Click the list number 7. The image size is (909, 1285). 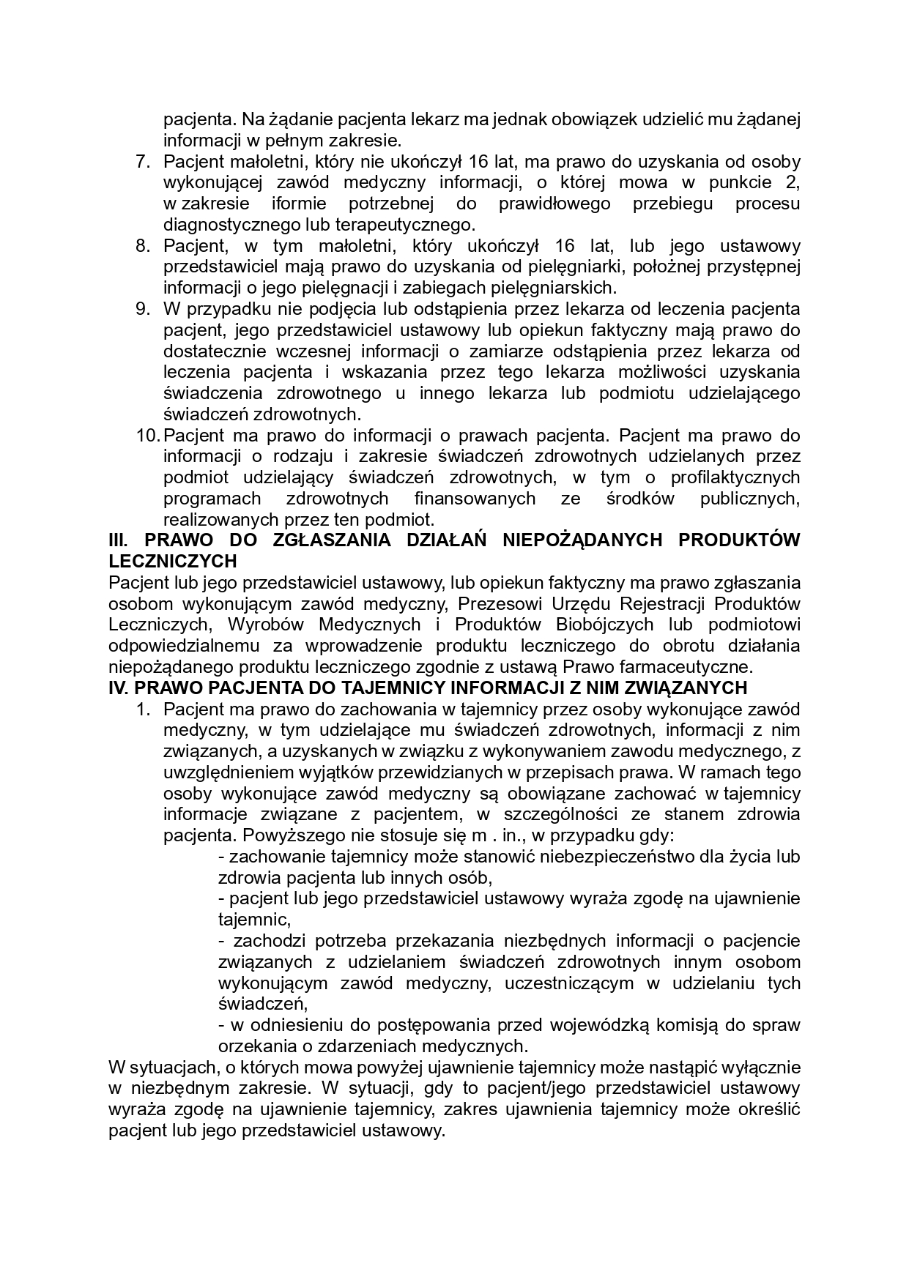click(142, 161)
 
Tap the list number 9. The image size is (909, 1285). click(142, 309)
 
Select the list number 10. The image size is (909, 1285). click(148, 436)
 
